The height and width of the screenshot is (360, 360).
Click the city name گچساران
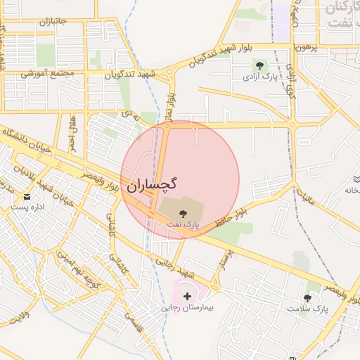153,185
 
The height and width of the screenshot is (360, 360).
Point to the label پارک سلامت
307,309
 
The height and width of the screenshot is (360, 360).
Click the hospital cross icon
186,297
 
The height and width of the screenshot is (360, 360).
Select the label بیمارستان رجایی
187,307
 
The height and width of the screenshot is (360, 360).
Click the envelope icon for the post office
27,196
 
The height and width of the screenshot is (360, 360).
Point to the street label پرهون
306,47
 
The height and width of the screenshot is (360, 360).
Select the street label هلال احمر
72,134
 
